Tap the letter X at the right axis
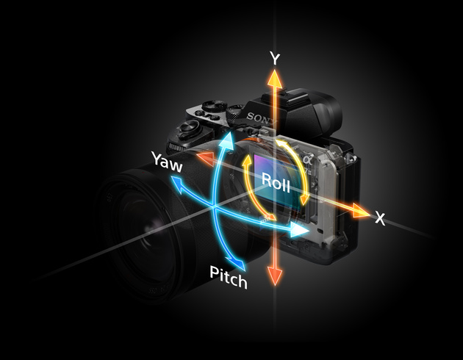380,219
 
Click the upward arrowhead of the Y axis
275,78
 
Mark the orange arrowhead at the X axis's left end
204,156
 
